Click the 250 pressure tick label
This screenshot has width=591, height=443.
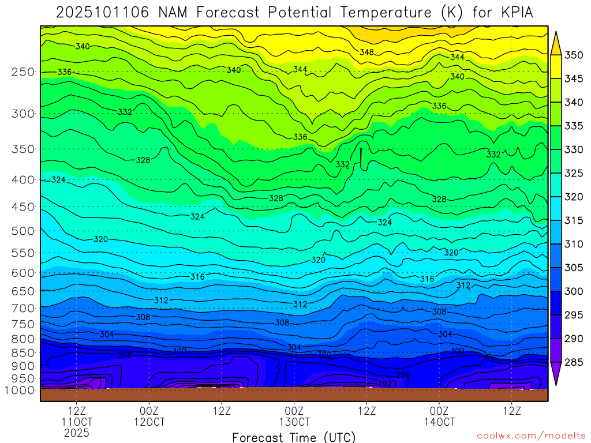click(23, 72)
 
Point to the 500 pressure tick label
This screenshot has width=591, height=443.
click(23, 231)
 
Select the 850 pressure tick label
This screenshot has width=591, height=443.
click(23, 352)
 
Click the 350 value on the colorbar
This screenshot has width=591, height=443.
click(574, 55)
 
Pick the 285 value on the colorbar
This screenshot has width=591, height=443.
click(574, 362)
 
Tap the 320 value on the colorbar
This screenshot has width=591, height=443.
click(574, 197)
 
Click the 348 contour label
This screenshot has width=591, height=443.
click(366, 52)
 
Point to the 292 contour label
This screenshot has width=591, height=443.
click(385, 384)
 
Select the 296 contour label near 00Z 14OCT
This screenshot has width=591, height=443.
click(403, 374)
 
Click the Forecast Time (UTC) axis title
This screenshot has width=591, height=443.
click(294, 437)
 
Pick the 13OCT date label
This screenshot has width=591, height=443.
click(294, 422)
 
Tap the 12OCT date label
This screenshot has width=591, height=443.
click(149, 422)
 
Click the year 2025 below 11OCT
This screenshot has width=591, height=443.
click(77, 433)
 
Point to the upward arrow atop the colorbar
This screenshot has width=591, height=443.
click(556, 42)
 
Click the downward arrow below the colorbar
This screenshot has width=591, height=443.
click(556, 376)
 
